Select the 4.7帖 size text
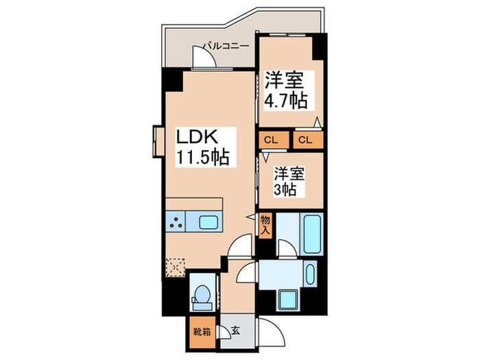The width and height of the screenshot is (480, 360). (x=286, y=101)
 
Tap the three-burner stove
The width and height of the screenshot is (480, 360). (x=177, y=222)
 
